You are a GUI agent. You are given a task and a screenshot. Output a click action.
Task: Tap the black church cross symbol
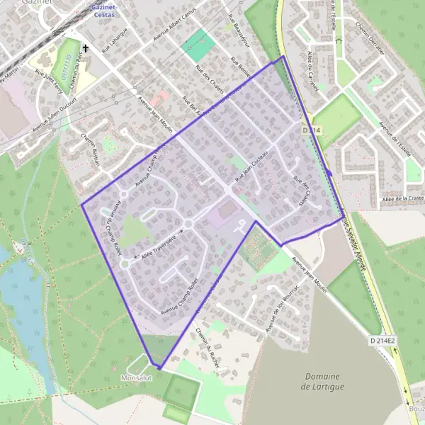85,49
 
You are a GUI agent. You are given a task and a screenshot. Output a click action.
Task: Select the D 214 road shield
312,130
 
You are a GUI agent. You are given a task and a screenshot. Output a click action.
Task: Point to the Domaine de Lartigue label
322,381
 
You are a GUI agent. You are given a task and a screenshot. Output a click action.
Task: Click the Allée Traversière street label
157,242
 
